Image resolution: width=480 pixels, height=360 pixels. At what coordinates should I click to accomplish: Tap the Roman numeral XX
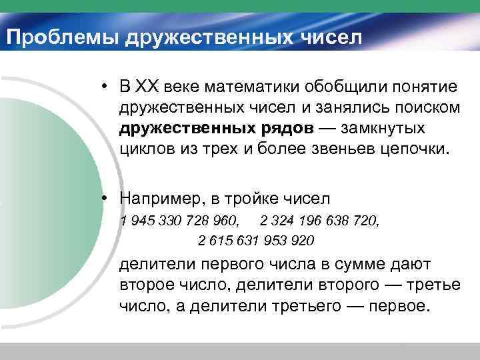pos(145,87)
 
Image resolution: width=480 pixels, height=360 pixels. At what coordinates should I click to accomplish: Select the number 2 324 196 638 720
pos(320,220)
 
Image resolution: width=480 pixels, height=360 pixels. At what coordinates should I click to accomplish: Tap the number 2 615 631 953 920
pos(256,239)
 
